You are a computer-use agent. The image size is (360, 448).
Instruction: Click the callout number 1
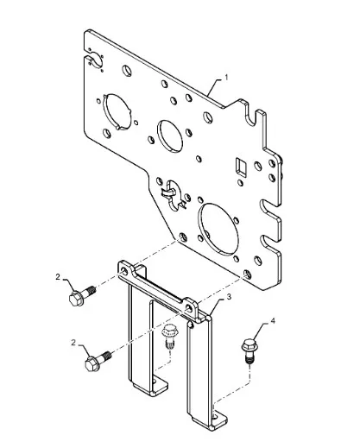click(x=226, y=78)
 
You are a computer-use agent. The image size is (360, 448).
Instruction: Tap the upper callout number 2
click(x=58, y=277)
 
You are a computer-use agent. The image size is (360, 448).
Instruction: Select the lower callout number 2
click(x=73, y=343)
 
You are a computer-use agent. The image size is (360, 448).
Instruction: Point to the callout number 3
click(x=229, y=297)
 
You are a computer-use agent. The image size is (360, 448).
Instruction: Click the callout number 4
click(x=273, y=321)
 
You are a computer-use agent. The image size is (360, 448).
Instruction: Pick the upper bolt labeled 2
click(x=82, y=295)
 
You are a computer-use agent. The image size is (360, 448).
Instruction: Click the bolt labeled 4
click(x=249, y=350)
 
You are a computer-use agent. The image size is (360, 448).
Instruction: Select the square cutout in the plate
click(x=241, y=167)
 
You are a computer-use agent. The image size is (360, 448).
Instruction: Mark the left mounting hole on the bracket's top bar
click(x=125, y=270)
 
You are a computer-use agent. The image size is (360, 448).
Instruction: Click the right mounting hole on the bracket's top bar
click(x=189, y=308)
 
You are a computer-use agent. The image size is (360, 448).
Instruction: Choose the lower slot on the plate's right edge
click(x=269, y=243)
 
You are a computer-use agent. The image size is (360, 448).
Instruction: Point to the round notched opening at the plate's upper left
click(x=117, y=111)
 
